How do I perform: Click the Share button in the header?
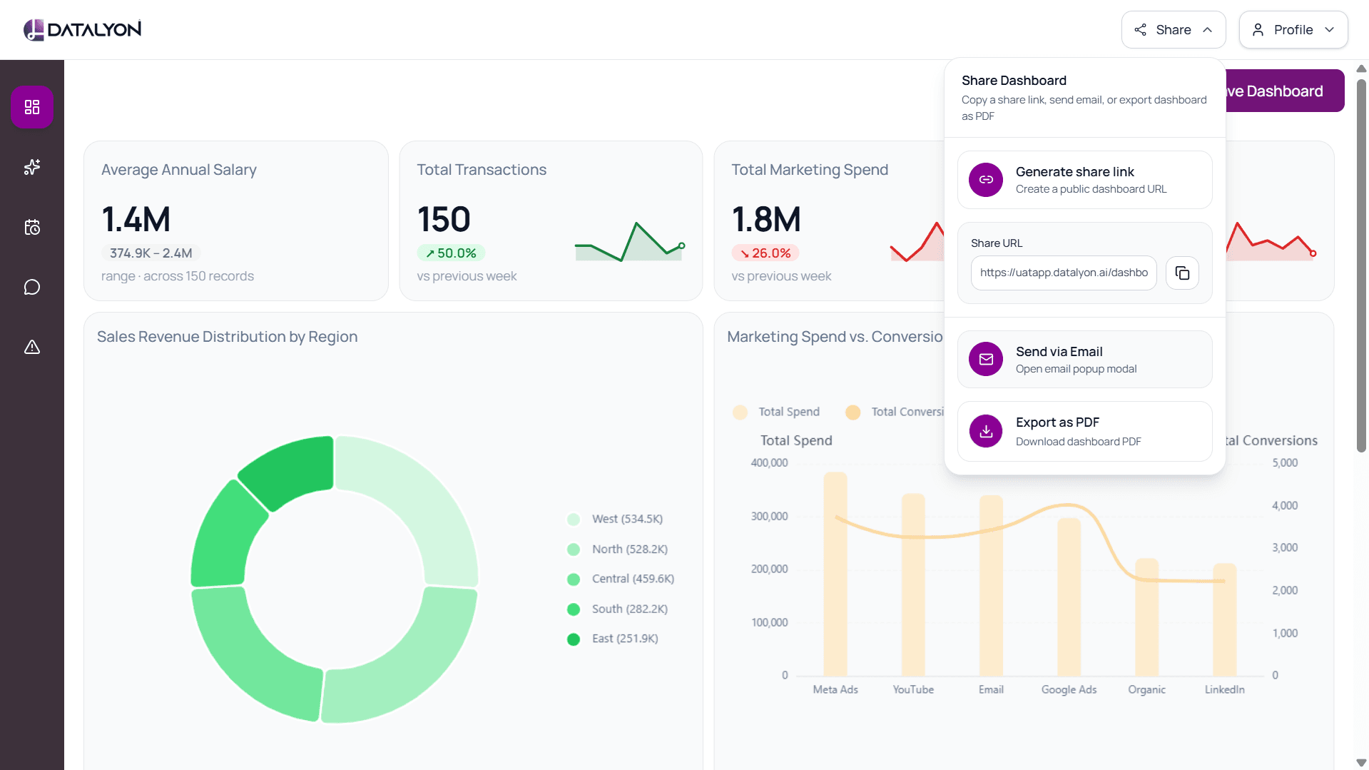coord(1173,30)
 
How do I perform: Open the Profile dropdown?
coord(1293,30)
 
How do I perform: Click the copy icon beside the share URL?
coord(1182,273)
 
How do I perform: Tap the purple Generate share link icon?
coord(986,180)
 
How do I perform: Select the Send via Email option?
coord(1084,359)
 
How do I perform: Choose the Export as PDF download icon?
coord(986,431)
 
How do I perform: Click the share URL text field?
coord(1064,273)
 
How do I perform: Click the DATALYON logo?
coord(83,29)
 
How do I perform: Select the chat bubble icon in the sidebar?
coord(32,287)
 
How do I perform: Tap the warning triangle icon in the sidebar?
coord(32,347)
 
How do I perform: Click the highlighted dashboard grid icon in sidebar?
coord(32,107)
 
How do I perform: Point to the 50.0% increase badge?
coord(451,253)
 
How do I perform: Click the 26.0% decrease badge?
coord(765,253)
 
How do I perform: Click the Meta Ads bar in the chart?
coord(835,574)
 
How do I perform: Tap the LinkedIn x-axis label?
coord(1224,689)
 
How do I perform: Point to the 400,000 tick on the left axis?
coord(769,462)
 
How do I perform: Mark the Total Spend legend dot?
coord(740,412)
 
